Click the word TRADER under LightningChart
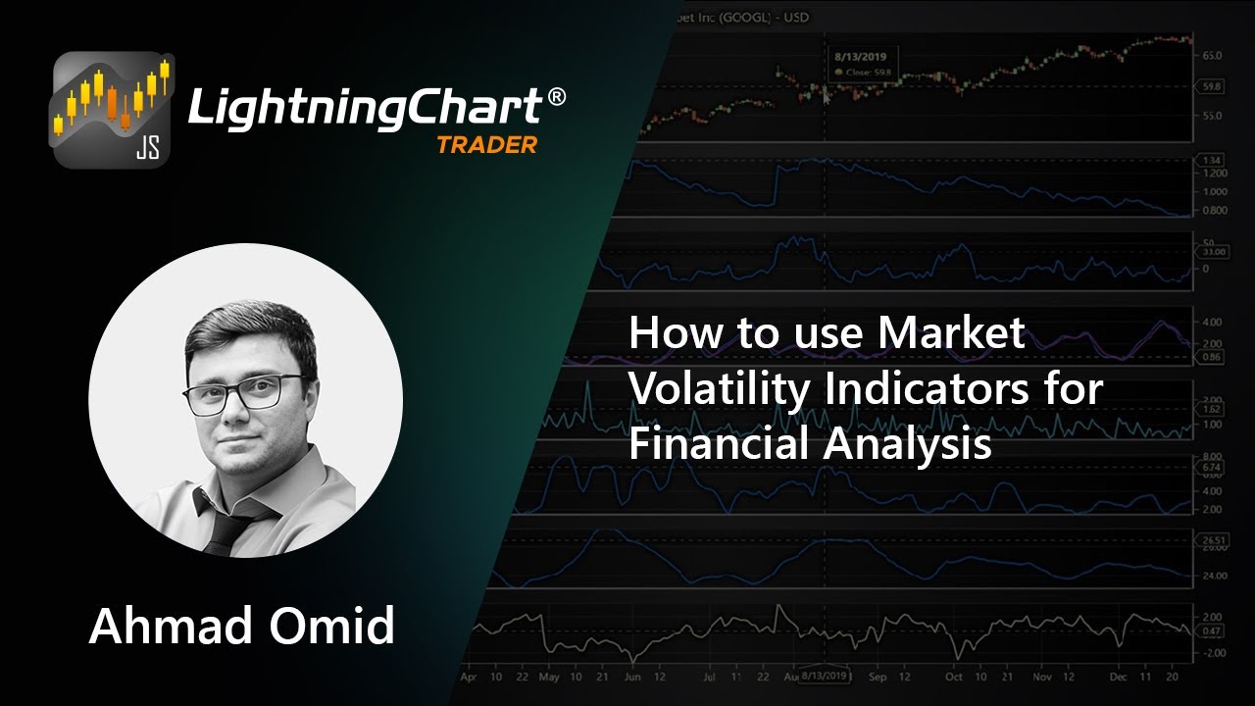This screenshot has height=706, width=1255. pyautogui.click(x=486, y=145)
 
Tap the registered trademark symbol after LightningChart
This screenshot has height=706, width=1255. pyautogui.click(x=556, y=96)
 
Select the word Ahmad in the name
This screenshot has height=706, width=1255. pyautogui.click(x=168, y=626)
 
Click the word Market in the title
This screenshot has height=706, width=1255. pyautogui.click(x=952, y=333)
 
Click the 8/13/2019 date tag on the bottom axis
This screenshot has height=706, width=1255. pyautogui.click(x=824, y=677)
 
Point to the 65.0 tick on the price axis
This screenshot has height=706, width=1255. pyautogui.click(x=1212, y=55)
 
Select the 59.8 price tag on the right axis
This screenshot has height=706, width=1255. pyautogui.click(x=1212, y=86)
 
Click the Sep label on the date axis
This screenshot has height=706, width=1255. pyautogui.click(x=878, y=677)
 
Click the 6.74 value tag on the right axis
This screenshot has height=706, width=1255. pyautogui.click(x=1212, y=469)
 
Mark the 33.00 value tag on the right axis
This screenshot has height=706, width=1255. pyautogui.click(x=1213, y=252)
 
